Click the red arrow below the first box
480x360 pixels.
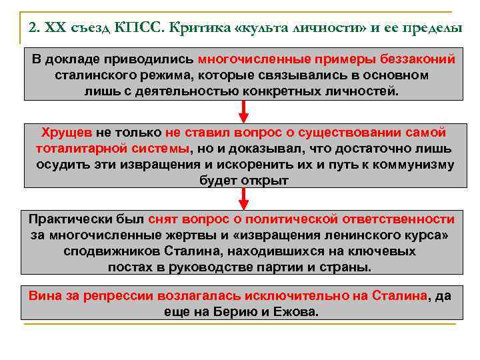[x=244, y=111]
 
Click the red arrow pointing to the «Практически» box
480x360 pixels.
[x=244, y=198]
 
